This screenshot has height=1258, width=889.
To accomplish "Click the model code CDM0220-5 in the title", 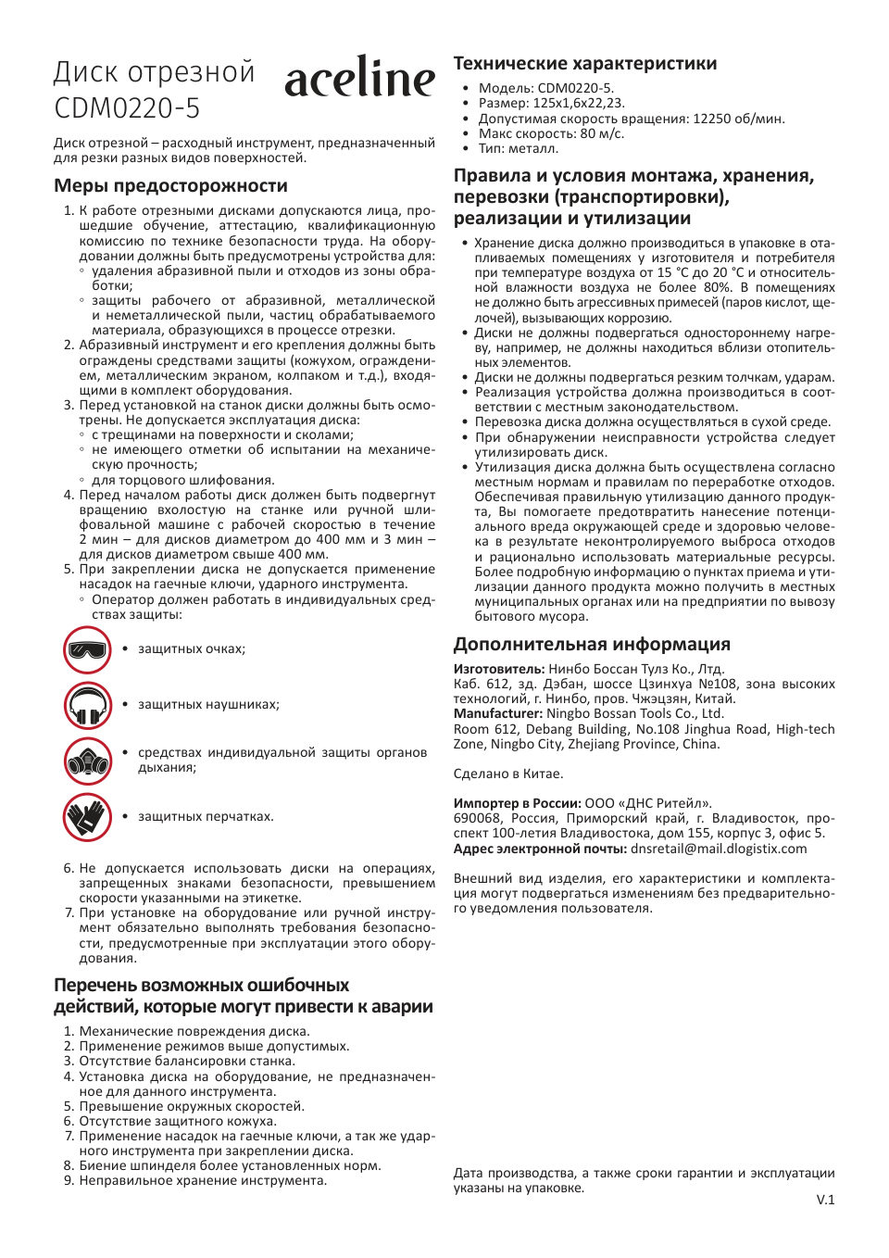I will pos(127,108).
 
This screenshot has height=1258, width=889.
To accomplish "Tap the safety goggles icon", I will pos(87,649).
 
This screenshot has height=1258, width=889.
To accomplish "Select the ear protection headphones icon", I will pos(87,706).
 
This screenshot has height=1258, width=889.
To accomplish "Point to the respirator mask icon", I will pos(87,761).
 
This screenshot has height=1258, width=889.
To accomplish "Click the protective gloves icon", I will pos(87,817).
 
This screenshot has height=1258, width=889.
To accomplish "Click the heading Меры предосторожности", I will pos(170,185).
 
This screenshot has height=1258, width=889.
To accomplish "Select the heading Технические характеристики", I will pos(584,63).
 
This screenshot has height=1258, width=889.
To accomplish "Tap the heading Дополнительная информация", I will pos(592,644).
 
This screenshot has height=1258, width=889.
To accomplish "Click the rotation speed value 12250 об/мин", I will pos(738,119).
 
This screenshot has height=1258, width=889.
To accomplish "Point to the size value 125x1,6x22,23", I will pos(578,104).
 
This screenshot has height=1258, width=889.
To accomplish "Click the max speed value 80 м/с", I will pos(602,133).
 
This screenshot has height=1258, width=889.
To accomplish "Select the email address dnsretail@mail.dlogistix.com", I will pos(719,849).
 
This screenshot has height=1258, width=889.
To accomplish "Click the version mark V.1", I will pos(825,1200).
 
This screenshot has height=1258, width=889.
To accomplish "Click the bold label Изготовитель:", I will pos(498,669).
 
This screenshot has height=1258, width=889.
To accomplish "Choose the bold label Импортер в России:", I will pos(517,803).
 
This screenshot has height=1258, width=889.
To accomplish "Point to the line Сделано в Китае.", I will pos(507,774).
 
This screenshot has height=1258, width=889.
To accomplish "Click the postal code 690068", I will pos(477,818).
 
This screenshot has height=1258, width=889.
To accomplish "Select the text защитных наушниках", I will pos(208,705).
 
